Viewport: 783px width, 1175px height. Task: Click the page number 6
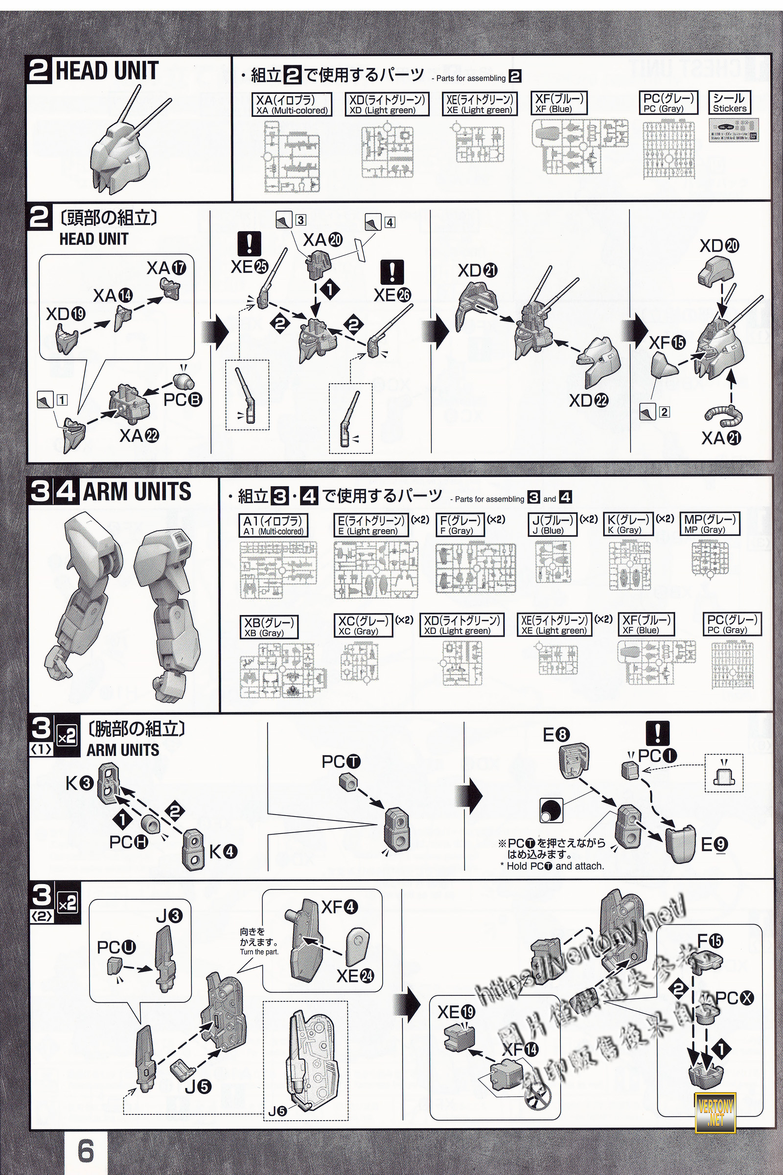86,1150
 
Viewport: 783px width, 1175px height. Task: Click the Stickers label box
730,103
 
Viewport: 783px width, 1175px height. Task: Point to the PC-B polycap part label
183,399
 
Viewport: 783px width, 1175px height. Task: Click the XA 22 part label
139,436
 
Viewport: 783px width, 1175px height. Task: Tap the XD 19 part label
66,314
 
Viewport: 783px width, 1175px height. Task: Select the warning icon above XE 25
249,243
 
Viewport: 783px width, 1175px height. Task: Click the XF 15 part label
667,343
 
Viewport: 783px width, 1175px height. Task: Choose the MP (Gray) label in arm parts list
709,524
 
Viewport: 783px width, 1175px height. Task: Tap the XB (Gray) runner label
269,627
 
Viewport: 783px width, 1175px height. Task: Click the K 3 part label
79,783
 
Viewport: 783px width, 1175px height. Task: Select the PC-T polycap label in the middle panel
341,762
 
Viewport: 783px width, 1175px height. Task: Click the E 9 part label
714,845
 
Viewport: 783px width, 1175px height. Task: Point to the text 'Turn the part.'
259,952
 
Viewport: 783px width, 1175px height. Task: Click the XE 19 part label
457,1012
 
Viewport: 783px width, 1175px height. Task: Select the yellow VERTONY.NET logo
715,1111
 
